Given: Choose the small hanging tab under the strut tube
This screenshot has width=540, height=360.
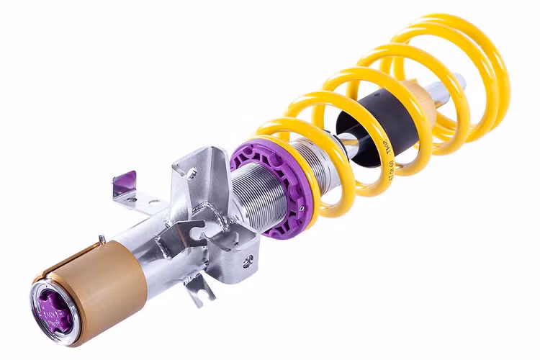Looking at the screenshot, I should pyautogui.click(x=197, y=287).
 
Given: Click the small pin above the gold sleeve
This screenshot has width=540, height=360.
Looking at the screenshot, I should pyautogui.click(x=102, y=238).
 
